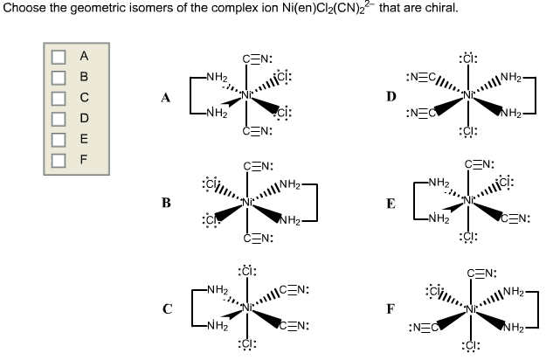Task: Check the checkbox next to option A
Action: (x=59, y=57)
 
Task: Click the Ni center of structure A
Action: (x=249, y=93)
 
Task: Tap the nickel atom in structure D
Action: (x=473, y=93)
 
